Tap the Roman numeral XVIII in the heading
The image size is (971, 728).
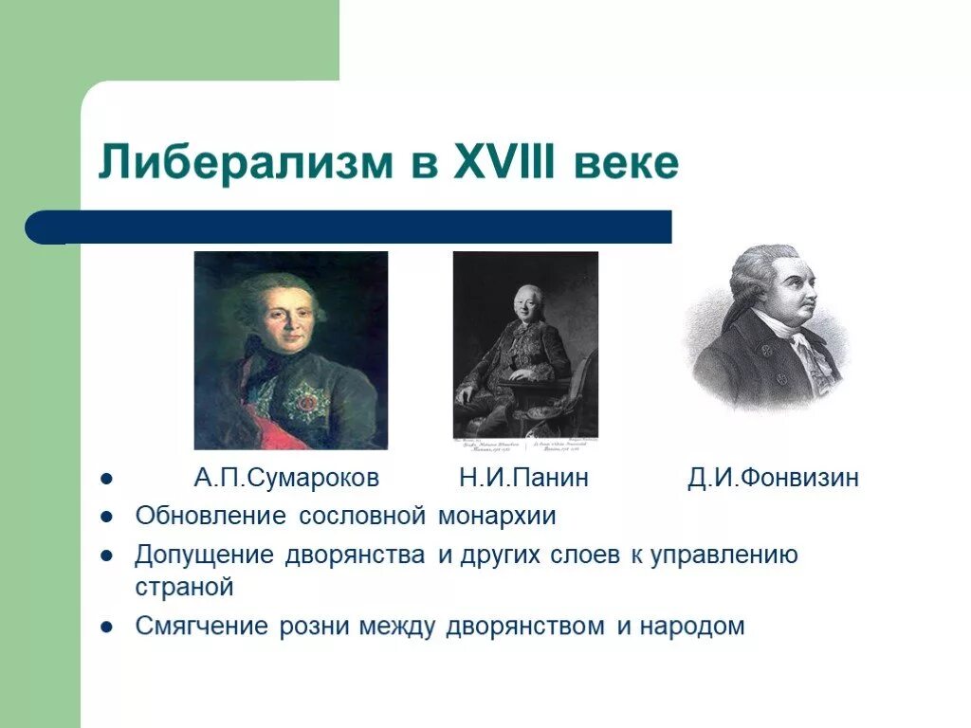(x=508, y=163)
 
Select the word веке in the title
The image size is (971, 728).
(x=626, y=163)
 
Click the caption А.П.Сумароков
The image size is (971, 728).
(x=286, y=478)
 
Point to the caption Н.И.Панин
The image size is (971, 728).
(x=523, y=478)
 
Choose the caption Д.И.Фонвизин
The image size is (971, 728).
(x=774, y=478)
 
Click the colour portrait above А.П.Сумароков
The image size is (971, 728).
(x=291, y=350)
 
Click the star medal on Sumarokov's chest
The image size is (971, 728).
(x=306, y=402)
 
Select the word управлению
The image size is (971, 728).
(x=724, y=555)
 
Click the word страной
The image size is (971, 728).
(x=184, y=587)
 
